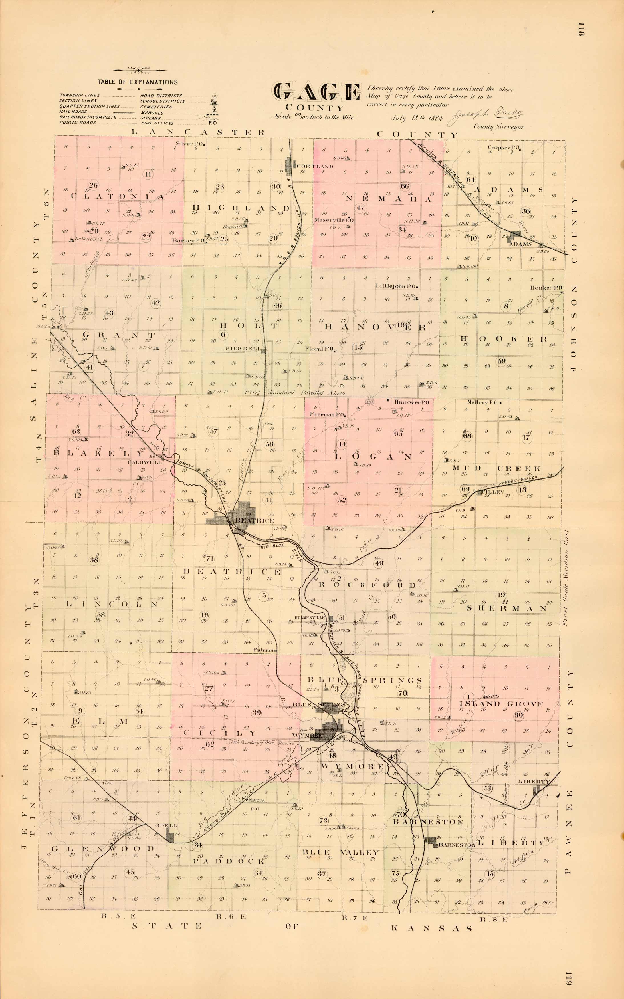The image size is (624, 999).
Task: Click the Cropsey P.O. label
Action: (503, 147)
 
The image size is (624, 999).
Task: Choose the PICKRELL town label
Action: (243, 349)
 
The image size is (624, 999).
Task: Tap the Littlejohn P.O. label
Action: (395, 286)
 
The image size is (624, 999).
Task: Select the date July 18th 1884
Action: (416, 118)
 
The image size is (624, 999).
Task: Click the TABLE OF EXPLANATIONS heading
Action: (138, 82)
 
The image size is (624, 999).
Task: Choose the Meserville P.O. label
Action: (334, 220)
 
